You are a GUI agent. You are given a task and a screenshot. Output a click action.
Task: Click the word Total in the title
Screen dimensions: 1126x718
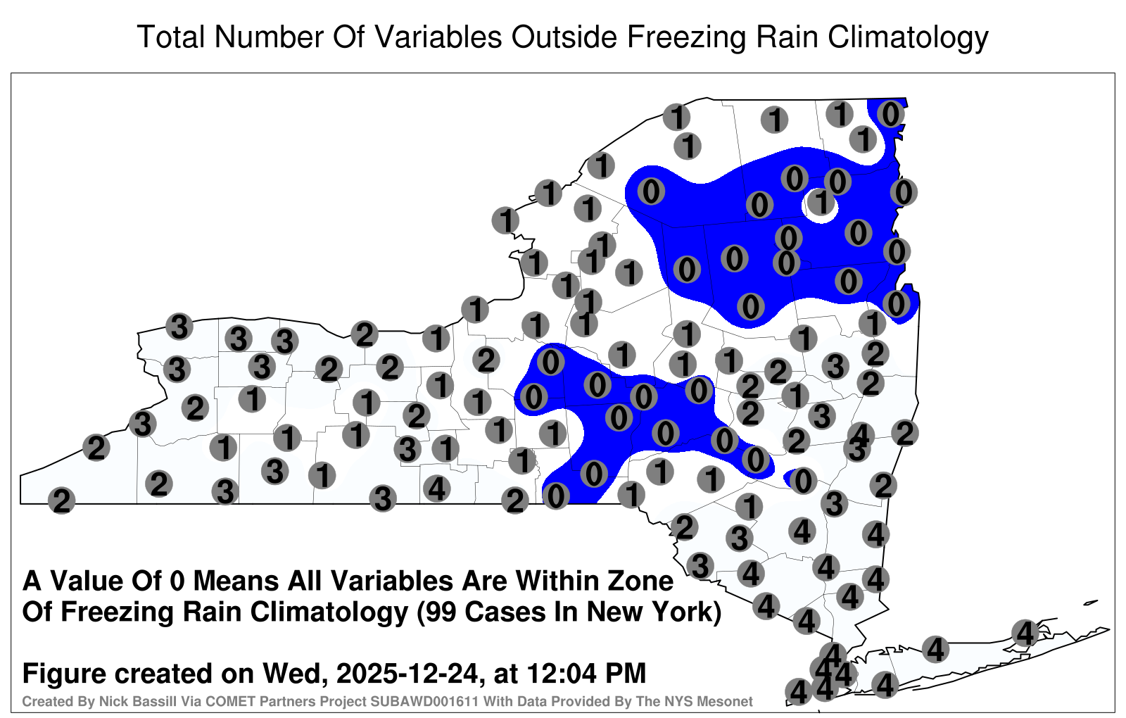point(171,37)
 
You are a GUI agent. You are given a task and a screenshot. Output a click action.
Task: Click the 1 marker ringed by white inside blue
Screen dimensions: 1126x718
point(821,203)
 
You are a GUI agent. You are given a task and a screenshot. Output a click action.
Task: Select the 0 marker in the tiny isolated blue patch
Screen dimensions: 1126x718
point(803,481)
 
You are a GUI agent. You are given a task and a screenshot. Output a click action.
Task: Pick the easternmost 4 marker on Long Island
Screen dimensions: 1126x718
point(1025,633)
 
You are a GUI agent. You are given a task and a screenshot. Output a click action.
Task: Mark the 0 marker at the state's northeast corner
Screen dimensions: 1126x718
point(891,114)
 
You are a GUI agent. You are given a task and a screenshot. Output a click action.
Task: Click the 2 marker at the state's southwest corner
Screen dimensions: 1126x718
point(61,500)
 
